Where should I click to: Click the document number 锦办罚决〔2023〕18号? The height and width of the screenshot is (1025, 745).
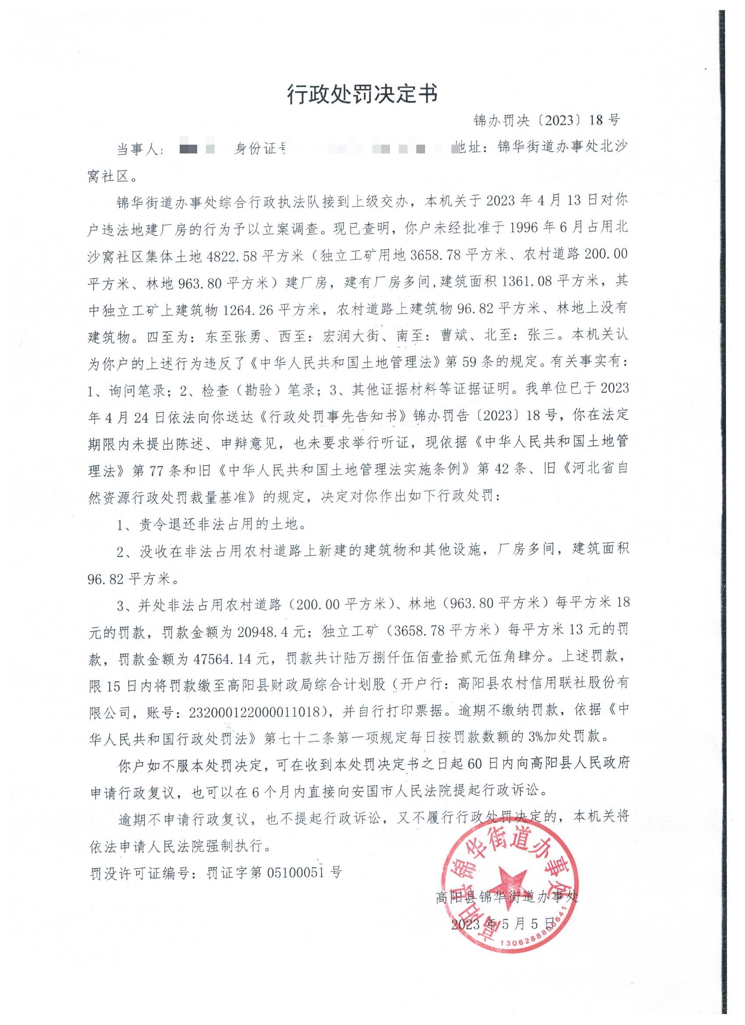click(546, 120)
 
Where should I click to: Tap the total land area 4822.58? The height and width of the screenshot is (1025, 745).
click(233, 256)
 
